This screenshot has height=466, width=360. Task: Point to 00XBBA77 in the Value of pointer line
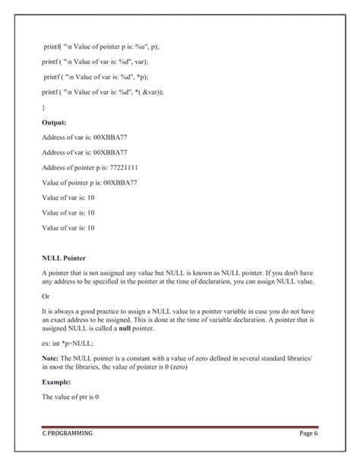pyautogui.click(x=118, y=182)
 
